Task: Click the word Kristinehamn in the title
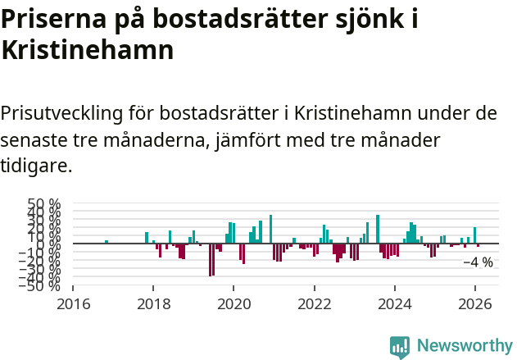point(88,50)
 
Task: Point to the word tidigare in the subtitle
point(36,166)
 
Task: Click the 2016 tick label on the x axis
point(73,302)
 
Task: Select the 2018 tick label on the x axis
point(153,302)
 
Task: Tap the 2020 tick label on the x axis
point(234,302)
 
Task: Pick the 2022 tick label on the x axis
point(314,302)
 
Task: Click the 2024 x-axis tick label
point(394,302)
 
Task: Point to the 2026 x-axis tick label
point(474,302)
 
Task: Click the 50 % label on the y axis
point(44,203)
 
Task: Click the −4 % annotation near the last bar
point(478,262)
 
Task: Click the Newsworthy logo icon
point(400,347)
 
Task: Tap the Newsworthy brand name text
point(464,346)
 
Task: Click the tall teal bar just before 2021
point(270,230)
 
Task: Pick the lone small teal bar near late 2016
point(107,242)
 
